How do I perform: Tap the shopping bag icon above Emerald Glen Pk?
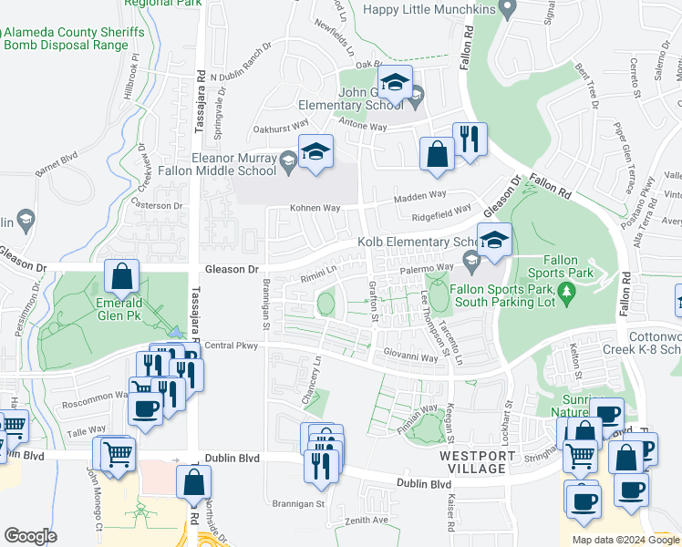(121, 276)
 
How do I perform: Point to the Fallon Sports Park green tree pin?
(567, 292)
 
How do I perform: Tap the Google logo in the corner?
(30, 536)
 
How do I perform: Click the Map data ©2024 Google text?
(625, 540)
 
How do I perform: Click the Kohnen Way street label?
(315, 208)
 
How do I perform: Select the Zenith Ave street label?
(366, 520)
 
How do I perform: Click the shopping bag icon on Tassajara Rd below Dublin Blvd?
(194, 483)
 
